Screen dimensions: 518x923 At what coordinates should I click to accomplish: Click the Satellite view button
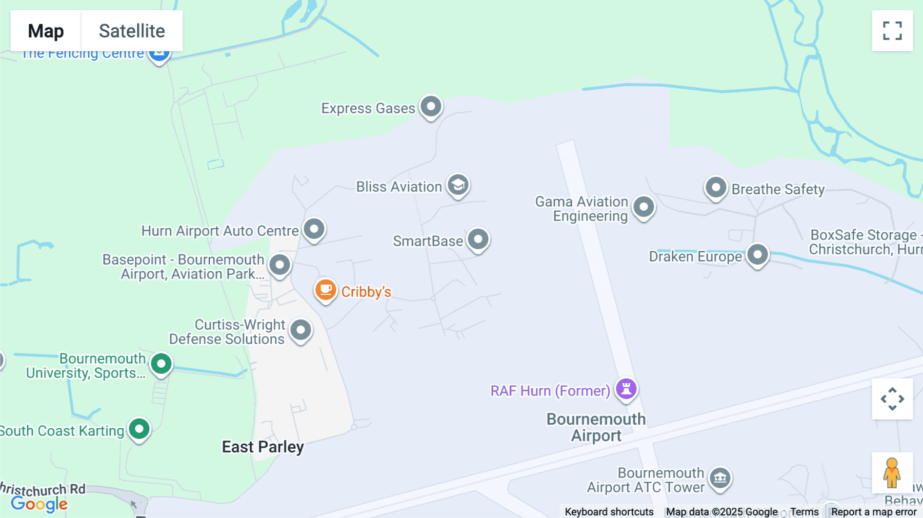coord(132,31)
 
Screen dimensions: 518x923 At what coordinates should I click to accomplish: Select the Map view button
coord(46,31)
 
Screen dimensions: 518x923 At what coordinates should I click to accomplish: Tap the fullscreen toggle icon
coord(892,31)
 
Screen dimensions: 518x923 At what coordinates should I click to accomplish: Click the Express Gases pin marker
coord(431,107)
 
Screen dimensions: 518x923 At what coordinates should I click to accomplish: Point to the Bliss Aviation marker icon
coord(458,185)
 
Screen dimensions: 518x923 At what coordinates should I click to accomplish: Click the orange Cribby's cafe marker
coord(326,290)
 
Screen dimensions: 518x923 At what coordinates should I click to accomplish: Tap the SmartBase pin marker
coord(478,239)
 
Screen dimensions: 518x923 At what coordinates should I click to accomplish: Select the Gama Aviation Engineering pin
coord(644,207)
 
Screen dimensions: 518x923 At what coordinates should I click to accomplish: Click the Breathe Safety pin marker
coord(716,188)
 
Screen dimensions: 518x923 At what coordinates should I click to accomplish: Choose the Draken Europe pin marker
coord(757,254)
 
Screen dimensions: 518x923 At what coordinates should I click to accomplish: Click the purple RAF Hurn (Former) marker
coord(626,388)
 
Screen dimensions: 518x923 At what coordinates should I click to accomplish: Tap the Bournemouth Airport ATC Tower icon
coord(720,478)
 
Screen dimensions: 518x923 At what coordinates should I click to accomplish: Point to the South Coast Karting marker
coord(139,429)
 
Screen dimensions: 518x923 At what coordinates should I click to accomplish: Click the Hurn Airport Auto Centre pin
coord(314,229)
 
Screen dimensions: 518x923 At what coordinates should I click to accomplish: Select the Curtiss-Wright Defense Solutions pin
coord(300,330)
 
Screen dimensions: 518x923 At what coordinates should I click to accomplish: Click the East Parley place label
coord(263,447)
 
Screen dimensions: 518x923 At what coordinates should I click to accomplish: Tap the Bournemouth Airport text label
coord(596,427)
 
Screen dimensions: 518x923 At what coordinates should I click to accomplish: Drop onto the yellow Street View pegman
coord(892,472)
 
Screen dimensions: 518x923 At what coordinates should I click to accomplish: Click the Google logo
coord(39,504)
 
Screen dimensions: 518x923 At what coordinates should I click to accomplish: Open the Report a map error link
coord(874,512)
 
